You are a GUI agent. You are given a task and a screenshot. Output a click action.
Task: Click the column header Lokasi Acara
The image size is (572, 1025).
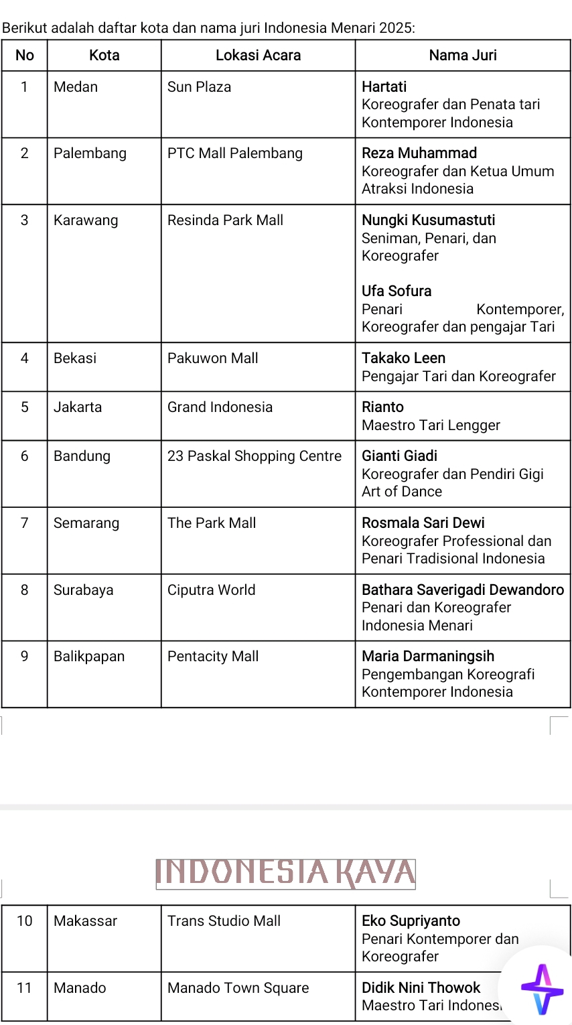tap(258, 56)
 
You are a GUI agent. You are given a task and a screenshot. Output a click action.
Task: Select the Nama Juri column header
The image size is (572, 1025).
tap(463, 56)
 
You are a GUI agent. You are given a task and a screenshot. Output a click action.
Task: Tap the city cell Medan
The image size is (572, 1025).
tap(76, 87)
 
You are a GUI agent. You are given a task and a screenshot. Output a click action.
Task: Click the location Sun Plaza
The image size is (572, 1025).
tap(199, 87)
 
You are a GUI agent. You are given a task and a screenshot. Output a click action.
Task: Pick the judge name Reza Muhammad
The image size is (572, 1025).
tap(419, 153)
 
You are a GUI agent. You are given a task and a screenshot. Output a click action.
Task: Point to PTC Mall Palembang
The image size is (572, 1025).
tap(234, 153)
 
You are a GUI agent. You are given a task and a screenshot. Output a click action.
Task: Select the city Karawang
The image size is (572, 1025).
tap(86, 220)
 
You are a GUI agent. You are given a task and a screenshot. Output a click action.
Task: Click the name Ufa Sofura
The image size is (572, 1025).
tap(397, 291)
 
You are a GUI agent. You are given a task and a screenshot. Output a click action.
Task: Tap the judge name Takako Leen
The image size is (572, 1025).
tap(403, 358)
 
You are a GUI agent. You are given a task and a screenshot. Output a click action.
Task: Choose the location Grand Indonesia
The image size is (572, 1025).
tap(220, 407)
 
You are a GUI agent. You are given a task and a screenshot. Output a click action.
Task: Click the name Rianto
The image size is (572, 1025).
tap(382, 407)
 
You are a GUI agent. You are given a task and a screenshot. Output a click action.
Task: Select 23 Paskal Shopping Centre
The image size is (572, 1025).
tap(254, 456)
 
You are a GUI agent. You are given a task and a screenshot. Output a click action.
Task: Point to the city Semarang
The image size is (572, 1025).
tap(86, 523)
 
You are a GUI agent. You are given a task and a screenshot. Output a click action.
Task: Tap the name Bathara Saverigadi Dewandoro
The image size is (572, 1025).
tap(462, 590)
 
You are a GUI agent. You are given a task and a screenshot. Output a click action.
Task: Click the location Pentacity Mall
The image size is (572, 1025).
tap(212, 657)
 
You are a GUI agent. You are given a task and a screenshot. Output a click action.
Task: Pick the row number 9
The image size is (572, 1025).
tap(24, 657)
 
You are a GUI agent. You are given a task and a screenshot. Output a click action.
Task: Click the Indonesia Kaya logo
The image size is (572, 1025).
tap(286, 874)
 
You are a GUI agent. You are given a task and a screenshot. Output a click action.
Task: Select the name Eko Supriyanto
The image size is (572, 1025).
tap(411, 921)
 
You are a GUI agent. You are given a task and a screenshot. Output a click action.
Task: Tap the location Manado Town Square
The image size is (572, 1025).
tap(238, 988)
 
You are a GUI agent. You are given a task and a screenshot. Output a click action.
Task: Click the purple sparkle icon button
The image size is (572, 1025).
tap(542, 989)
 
